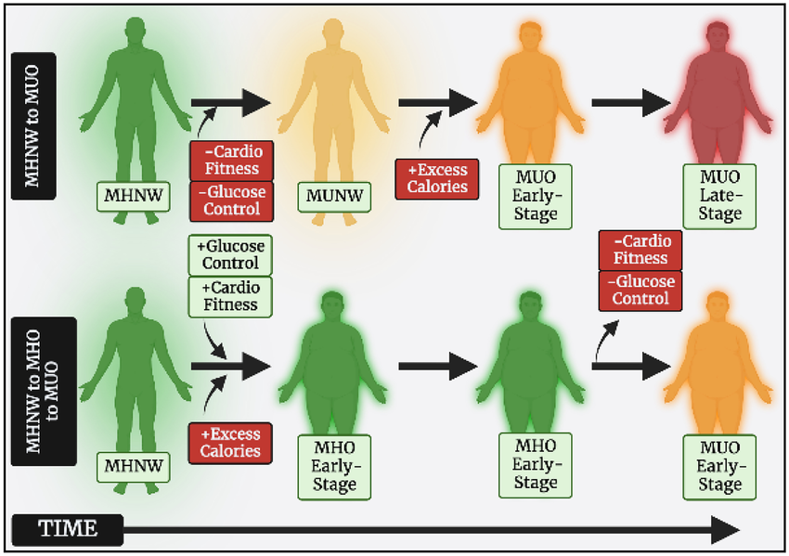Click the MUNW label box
click(335, 195)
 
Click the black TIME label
click(67, 530)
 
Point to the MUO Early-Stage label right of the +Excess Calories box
click(535, 194)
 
